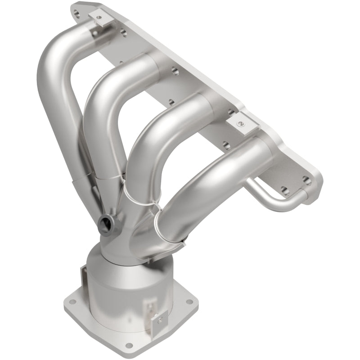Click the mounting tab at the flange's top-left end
click(98, 18)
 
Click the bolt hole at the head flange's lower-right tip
click(307, 181)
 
